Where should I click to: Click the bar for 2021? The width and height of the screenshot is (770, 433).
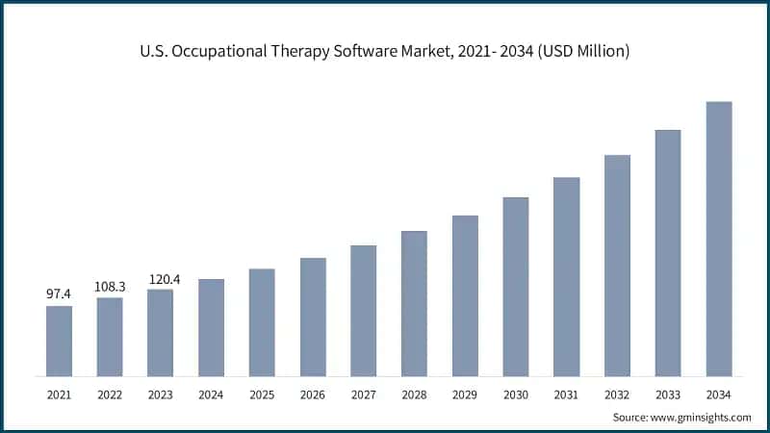pos(59,341)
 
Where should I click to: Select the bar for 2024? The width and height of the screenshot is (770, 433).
pos(211,327)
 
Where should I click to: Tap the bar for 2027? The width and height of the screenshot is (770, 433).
pos(363,310)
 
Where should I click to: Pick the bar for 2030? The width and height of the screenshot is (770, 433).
pos(516,286)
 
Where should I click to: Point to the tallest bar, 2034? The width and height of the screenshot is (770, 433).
pos(719,239)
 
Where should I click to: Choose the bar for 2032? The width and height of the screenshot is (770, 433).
pos(617,265)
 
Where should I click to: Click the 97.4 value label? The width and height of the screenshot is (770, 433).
pos(59,293)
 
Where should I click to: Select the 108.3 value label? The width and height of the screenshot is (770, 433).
pos(110,286)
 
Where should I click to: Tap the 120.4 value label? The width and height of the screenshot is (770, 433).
pos(161,279)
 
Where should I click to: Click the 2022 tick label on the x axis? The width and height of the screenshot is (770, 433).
pos(110,395)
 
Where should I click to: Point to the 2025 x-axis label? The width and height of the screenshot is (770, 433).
pos(262,395)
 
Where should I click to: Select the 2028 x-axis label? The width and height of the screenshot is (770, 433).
pos(414,395)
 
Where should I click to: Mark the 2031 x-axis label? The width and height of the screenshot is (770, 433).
pos(566,395)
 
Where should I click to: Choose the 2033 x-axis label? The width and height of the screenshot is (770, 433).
pos(668,395)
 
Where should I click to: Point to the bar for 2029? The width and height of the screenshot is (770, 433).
pos(465,295)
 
